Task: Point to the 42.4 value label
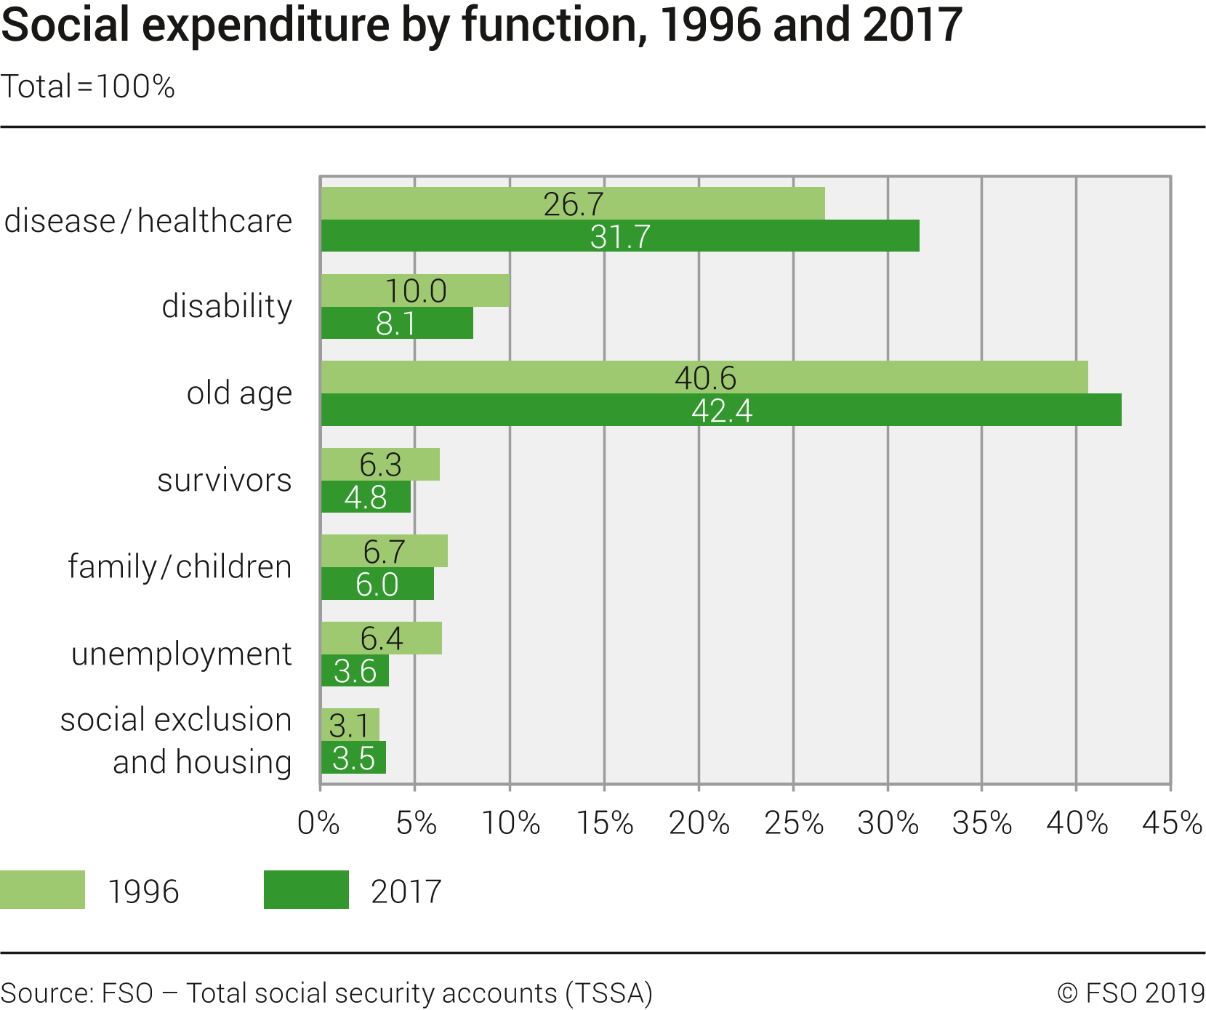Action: point(722,411)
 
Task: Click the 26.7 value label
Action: point(574,204)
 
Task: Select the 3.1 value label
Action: point(349,726)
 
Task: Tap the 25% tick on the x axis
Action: point(794,823)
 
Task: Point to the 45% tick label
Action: point(1172,823)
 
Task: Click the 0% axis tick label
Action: point(318,823)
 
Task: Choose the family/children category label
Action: point(180,566)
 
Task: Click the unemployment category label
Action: point(181,654)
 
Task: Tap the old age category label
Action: point(239,393)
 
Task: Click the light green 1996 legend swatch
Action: point(42,890)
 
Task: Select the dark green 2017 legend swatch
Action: point(306,890)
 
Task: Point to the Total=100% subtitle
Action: point(88,87)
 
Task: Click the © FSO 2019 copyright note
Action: point(1131,993)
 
